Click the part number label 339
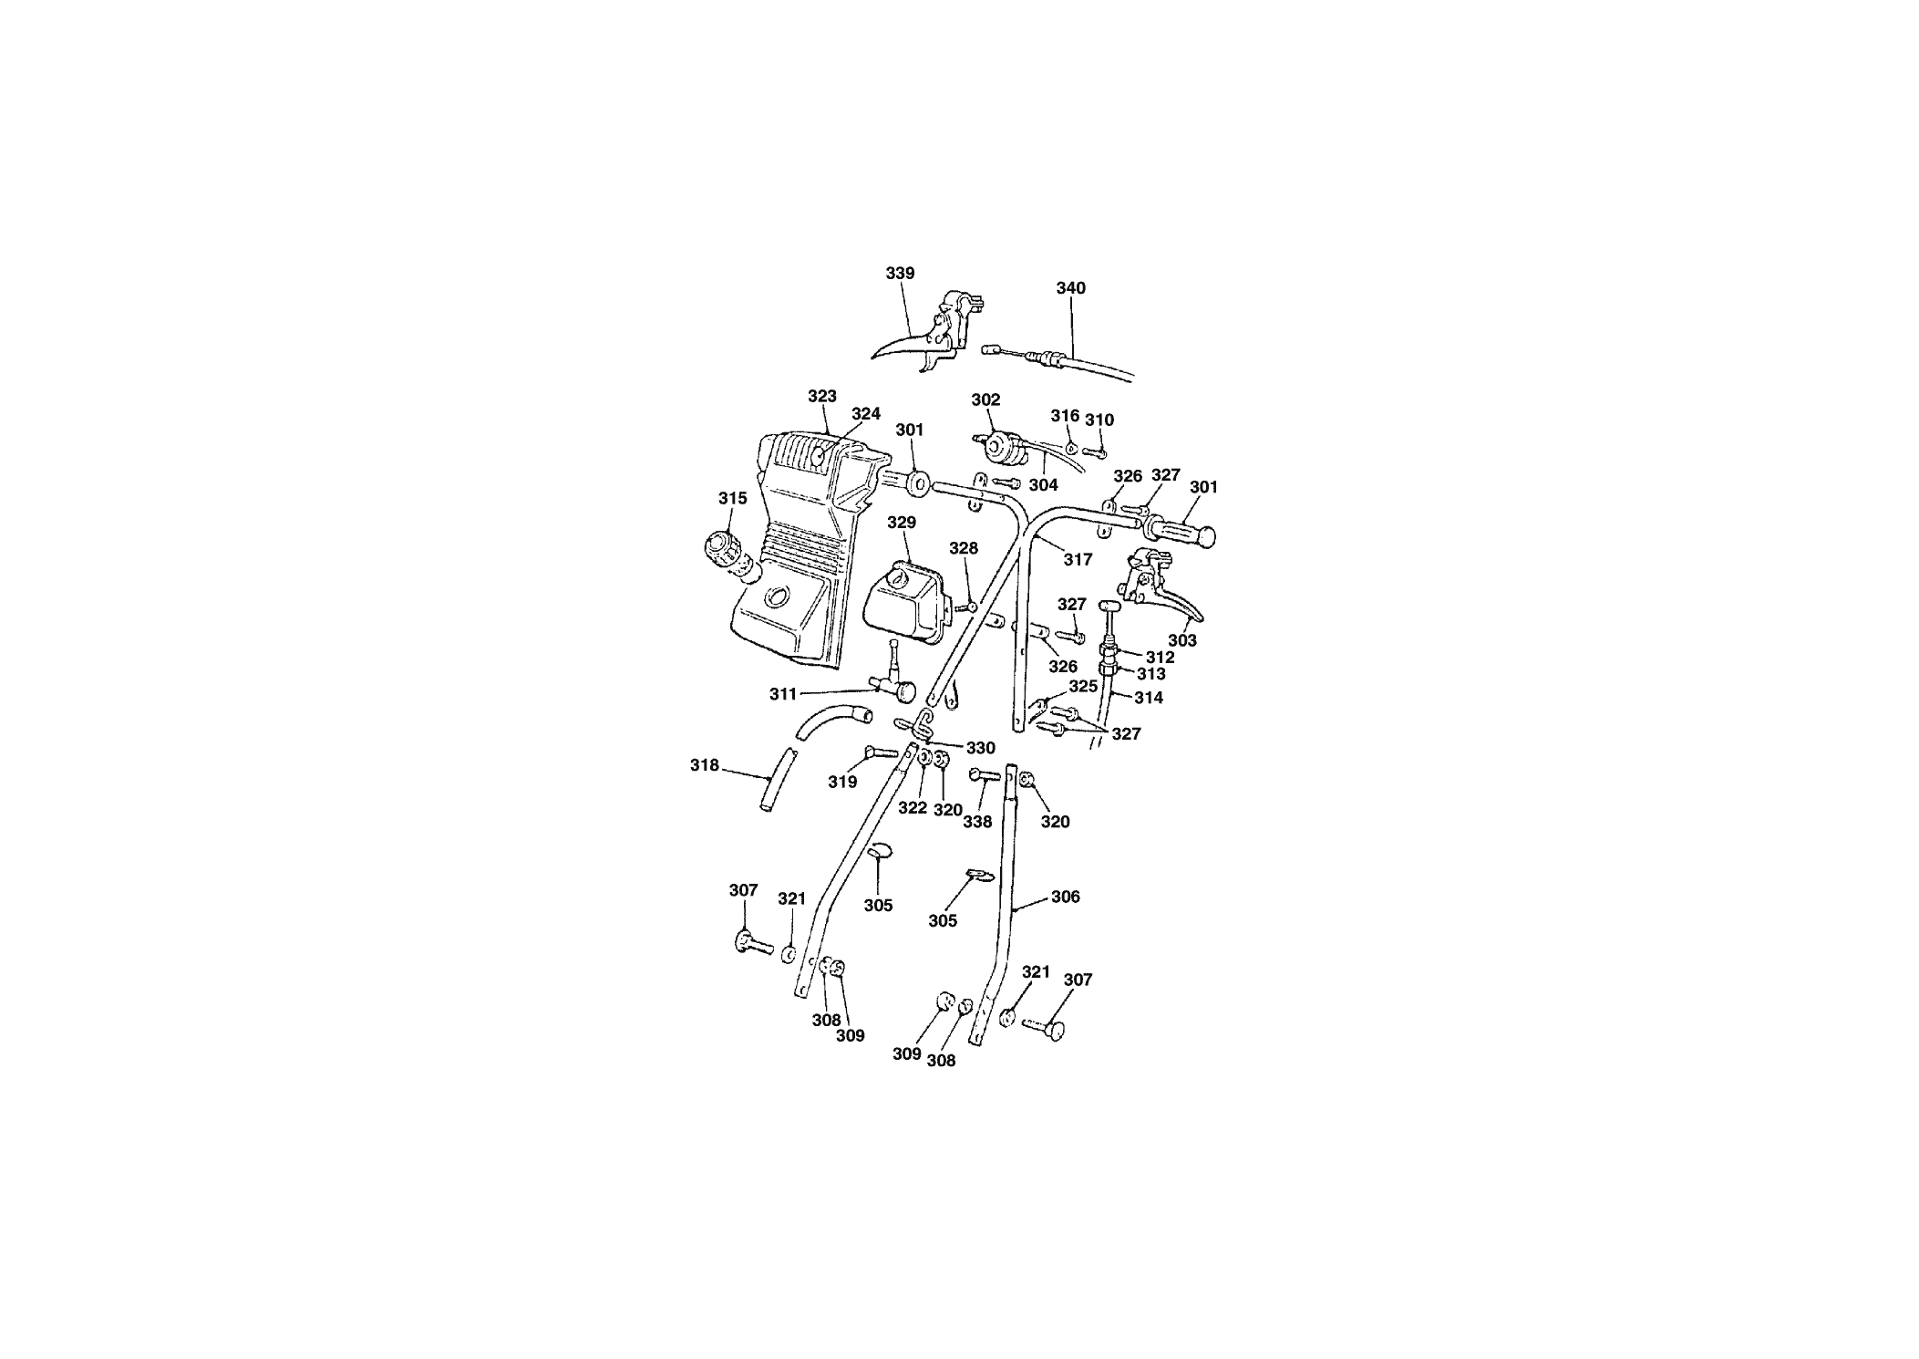tap(900, 274)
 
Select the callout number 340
tap(1071, 288)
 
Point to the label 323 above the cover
tap(822, 397)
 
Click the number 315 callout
tap(732, 498)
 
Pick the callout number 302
tap(985, 399)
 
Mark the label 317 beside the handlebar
tap(1078, 560)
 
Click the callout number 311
tap(783, 694)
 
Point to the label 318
tap(705, 766)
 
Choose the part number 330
tap(981, 749)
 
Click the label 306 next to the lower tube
tap(1065, 897)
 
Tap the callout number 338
tap(977, 823)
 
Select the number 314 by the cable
tap(1149, 698)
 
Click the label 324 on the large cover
tap(866, 414)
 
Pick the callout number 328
tap(964, 548)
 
